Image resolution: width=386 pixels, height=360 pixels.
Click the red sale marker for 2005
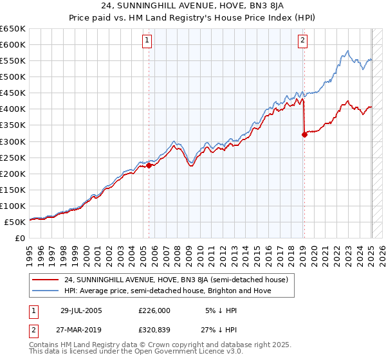(149, 165)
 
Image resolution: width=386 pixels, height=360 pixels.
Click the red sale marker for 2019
(304, 134)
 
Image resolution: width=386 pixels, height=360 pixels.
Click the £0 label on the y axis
(20, 238)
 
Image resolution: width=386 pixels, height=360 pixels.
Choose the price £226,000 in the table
(154, 310)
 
